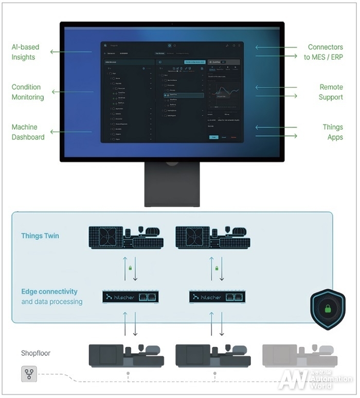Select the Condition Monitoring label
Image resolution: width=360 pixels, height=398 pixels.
coord(27,92)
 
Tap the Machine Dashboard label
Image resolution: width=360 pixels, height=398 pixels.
coord(28,132)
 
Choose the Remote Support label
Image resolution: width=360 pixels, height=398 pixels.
coord(331,92)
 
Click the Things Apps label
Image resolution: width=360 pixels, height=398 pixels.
coord(332,132)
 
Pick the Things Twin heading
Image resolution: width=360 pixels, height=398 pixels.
coord(40,236)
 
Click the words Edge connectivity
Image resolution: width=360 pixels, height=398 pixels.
coord(49,292)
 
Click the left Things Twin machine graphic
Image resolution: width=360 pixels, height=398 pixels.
coord(126,237)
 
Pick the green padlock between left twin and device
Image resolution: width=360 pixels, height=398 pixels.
coord(131,268)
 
